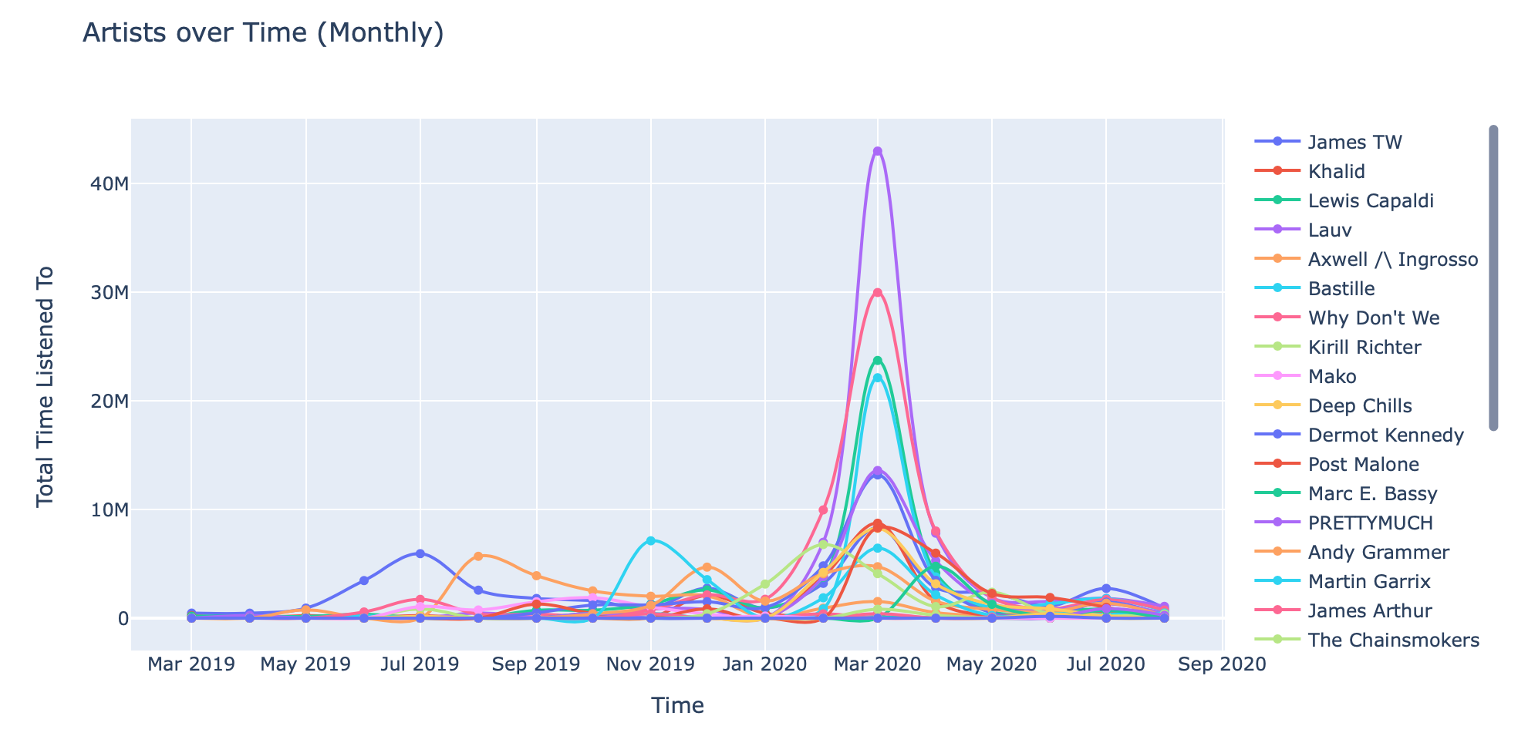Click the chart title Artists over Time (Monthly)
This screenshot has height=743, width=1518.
point(263,33)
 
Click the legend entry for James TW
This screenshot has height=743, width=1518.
point(1354,142)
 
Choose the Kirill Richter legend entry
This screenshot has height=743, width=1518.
point(1365,348)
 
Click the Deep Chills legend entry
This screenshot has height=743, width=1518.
point(1360,406)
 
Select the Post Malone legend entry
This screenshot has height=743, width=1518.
point(1363,465)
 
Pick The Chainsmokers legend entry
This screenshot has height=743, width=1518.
point(1393,640)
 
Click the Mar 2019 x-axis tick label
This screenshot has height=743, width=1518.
point(191,664)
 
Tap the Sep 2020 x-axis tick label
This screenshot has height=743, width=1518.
point(1223,664)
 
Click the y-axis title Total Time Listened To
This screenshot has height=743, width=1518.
point(46,386)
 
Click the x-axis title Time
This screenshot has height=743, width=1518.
point(677,705)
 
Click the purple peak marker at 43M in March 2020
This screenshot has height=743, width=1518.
point(877,151)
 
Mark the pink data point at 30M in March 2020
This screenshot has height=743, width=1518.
point(877,293)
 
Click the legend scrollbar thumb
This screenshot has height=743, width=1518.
point(1493,277)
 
